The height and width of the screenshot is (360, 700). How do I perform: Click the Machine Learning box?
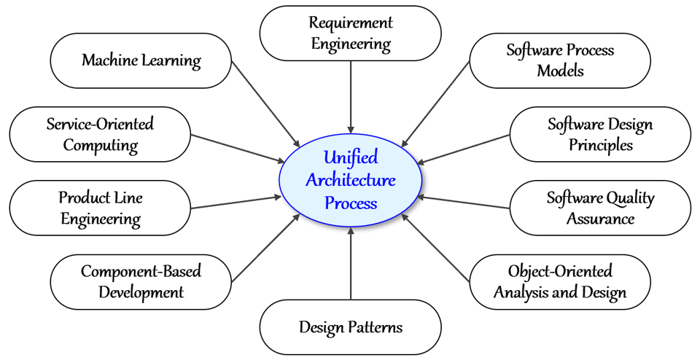tap(141, 60)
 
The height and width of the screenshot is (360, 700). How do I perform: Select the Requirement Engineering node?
tap(351, 34)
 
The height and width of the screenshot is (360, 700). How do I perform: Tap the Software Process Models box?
tap(560, 60)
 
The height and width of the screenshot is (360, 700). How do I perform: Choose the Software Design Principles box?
tap(600, 134)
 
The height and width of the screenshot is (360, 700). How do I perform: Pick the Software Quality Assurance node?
tap(600, 208)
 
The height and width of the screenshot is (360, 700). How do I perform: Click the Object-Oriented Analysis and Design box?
tap(560, 282)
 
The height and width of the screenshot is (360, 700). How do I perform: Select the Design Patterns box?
tap(351, 327)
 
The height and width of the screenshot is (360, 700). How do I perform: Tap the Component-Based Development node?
tap(141, 282)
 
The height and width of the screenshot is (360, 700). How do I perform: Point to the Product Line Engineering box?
tap(100, 208)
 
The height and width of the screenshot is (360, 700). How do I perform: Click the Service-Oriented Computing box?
tap(100, 134)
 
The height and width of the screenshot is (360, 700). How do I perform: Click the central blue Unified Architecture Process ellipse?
tap(351, 180)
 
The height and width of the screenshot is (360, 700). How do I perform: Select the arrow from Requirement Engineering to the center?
tap(351, 95)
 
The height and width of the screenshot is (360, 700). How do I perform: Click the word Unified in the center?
tap(351, 158)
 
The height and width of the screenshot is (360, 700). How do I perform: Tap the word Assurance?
tap(600, 218)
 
